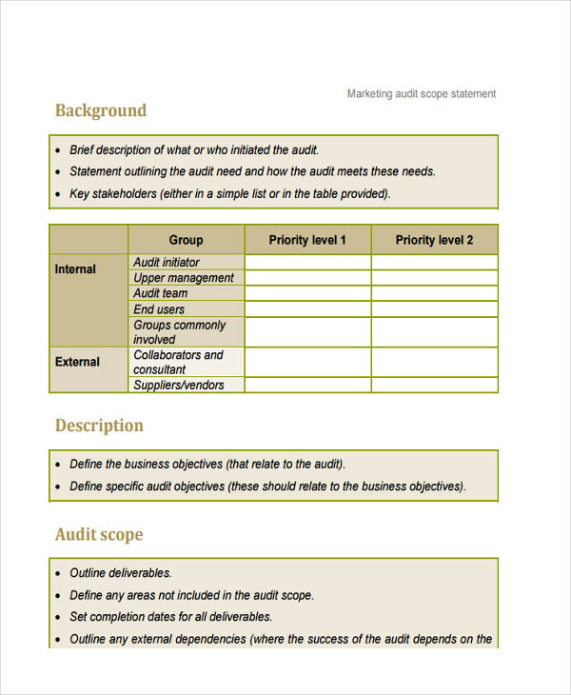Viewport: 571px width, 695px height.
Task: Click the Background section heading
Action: point(101,110)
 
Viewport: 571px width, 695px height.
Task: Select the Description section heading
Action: point(99,426)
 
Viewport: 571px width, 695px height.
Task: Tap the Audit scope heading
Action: point(99,534)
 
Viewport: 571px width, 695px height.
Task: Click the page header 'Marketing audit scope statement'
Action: point(422,93)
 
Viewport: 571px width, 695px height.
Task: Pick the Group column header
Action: point(186,240)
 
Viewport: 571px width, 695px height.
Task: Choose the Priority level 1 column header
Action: point(307,240)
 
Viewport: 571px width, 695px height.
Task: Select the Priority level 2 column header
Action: point(434,240)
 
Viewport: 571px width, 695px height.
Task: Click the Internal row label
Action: point(75,269)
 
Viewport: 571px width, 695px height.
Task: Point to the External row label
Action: point(77,362)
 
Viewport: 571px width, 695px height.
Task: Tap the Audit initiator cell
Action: point(167,262)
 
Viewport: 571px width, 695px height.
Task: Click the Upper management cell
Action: point(184,278)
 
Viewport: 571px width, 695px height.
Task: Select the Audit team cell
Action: point(161,293)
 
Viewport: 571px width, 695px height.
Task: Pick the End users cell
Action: point(159,309)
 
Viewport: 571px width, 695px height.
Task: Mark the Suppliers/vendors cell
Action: point(179,385)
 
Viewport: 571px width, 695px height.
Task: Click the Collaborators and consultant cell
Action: point(178,362)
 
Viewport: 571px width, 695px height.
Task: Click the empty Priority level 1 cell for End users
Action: point(307,309)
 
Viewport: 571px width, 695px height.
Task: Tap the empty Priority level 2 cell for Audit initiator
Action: point(434,262)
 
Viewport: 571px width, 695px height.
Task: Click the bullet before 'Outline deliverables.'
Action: point(58,574)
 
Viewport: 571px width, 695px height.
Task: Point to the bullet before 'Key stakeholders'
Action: point(58,194)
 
